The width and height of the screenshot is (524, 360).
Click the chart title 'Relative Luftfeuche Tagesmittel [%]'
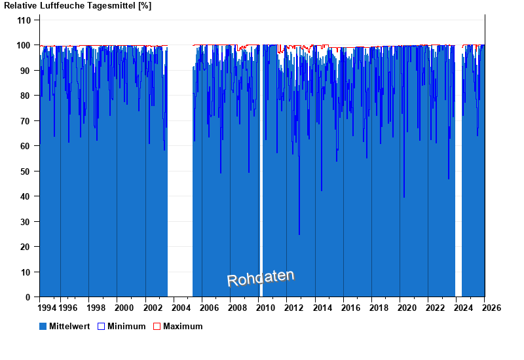pos(78,6)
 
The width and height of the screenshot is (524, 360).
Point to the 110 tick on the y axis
pos(24,20)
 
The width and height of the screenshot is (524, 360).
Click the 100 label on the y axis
pos(24,45)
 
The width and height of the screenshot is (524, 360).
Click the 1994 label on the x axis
pos(47,308)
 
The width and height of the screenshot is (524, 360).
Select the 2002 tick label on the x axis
pos(152,308)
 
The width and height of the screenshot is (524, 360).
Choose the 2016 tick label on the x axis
pos(350,308)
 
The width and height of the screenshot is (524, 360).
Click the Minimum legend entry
pos(126,326)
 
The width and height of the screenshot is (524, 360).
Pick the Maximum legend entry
pos(183,326)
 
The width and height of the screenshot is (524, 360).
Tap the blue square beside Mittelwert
pos(43,326)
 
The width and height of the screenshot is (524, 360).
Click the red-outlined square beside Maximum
pos(157,326)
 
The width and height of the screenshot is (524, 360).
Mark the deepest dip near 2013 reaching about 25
pos(299,233)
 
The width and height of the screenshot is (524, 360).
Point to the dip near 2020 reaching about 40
pos(404,196)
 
